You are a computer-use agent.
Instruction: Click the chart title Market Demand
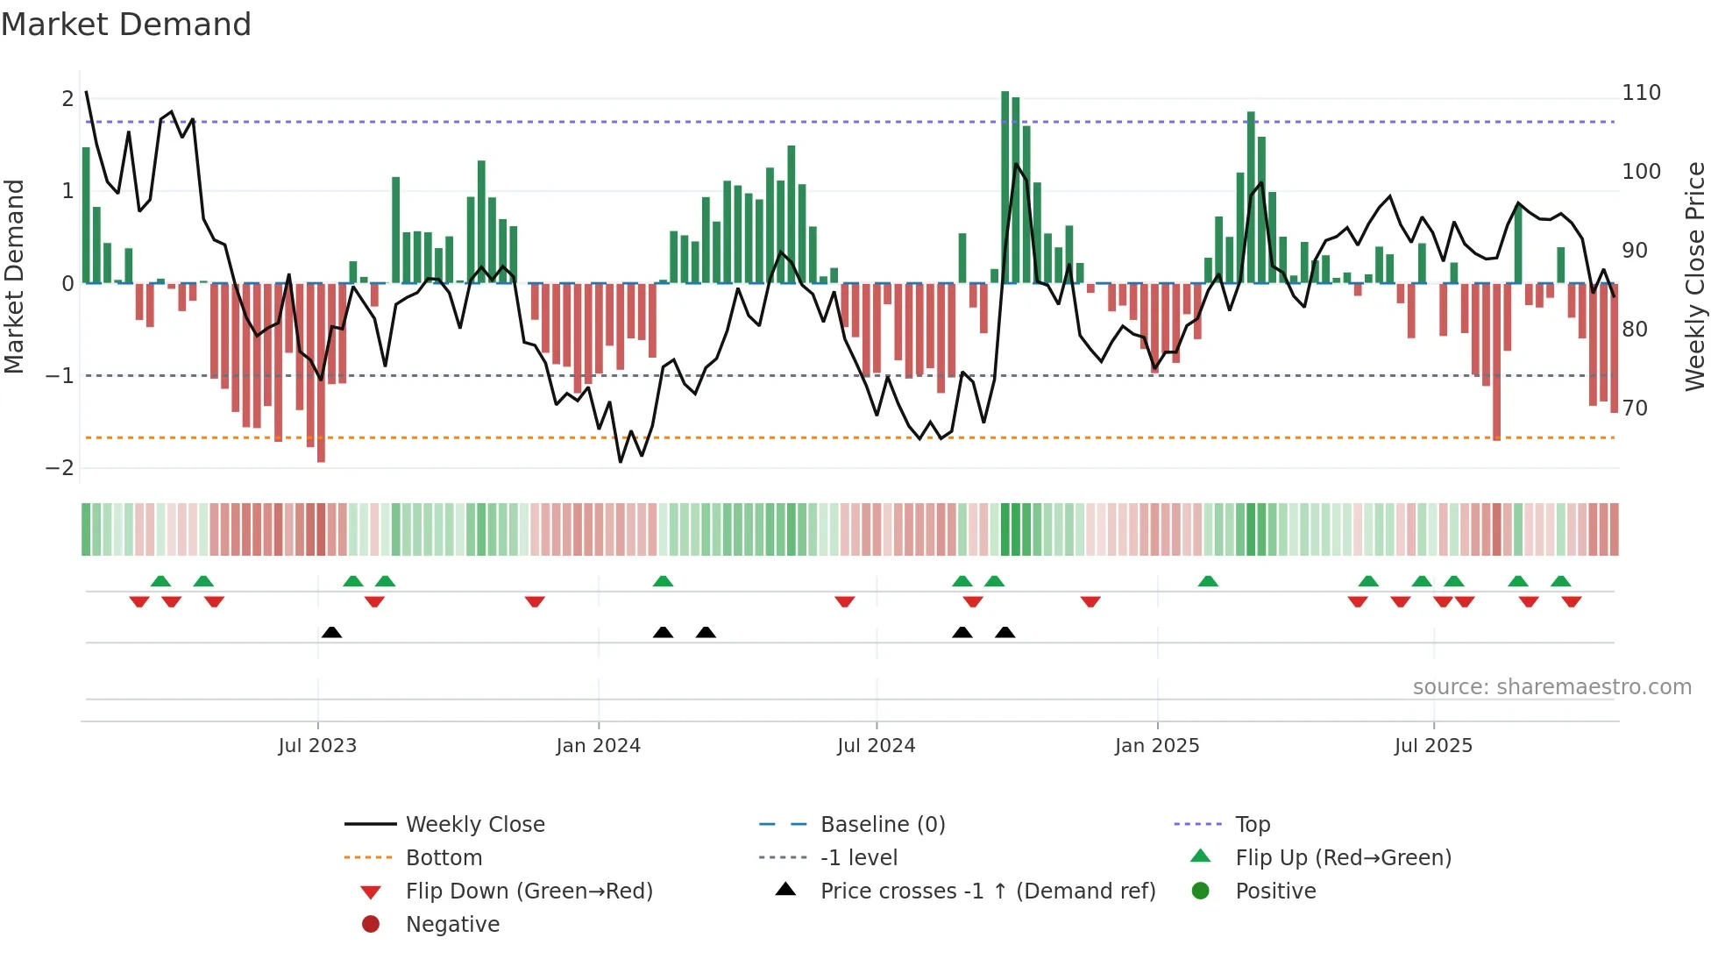click(126, 25)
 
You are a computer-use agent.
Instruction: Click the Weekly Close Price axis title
click(1695, 276)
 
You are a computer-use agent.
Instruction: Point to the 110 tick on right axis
click(1641, 93)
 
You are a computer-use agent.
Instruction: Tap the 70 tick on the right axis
click(1635, 408)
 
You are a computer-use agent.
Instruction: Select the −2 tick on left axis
click(60, 468)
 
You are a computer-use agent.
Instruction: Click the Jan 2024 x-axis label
click(598, 746)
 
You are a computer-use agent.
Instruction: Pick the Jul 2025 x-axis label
click(1433, 746)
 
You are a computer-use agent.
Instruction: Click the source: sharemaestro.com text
click(1551, 687)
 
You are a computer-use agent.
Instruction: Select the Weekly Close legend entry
click(474, 825)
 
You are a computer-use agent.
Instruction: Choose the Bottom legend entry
click(444, 858)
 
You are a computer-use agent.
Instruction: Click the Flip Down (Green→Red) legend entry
click(529, 891)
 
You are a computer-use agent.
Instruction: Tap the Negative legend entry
click(452, 925)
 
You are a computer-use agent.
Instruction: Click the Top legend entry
click(1252, 825)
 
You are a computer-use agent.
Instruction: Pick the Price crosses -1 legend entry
click(987, 891)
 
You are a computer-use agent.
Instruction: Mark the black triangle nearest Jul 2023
click(331, 632)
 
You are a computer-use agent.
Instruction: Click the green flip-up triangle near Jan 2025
click(1208, 581)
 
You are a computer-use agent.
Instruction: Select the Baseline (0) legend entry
click(882, 825)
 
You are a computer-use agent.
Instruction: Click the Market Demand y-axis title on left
click(14, 276)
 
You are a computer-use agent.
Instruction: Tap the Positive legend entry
click(1274, 891)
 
